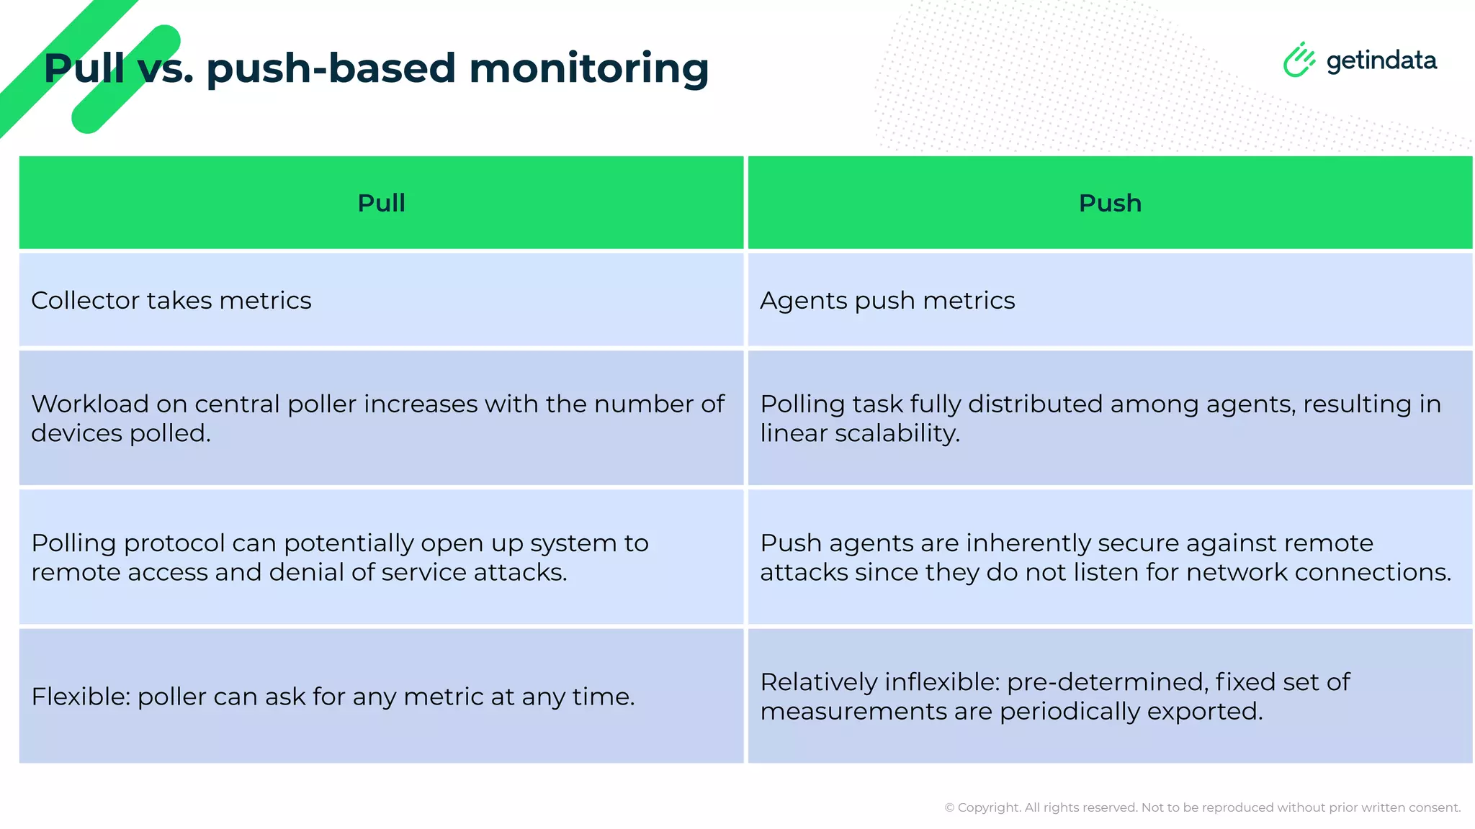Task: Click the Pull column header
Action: (381, 203)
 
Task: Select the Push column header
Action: (1110, 203)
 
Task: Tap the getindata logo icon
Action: (1299, 60)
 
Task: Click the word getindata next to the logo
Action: (1381, 60)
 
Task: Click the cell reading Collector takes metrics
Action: (171, 300)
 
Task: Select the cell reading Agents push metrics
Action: (887, 300)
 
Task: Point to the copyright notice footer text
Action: (1202, 807)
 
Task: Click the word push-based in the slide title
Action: (331, 68)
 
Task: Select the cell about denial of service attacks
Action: (381, 557)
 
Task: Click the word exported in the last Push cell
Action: (1204, 711)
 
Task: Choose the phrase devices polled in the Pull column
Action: (120, 433)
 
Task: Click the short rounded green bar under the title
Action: (126, 79)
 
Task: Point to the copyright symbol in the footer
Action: (949, 807)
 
